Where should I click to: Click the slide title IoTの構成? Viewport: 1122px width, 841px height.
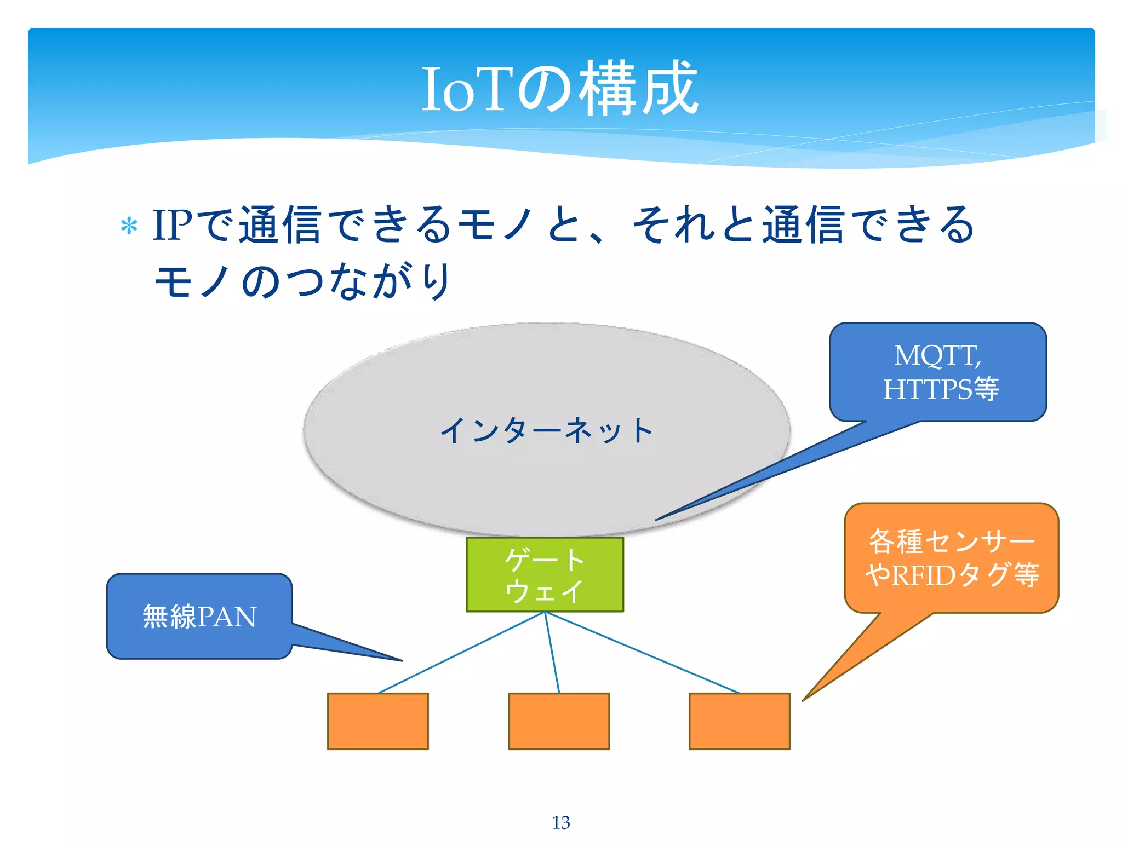click(560, 89)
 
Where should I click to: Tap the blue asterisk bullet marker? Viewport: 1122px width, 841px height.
click(129, 226)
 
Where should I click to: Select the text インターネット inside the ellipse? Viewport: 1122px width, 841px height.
click(547, 430)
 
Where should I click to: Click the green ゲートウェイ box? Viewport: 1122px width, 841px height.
click(545, 574)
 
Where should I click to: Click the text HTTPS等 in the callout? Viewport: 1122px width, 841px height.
click(941, 389)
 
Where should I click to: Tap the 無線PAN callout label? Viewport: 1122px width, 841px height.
click(199, 617)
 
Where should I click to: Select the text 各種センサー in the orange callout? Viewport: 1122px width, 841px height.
click(952, 541)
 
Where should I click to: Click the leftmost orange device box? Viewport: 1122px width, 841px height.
click(378, 721)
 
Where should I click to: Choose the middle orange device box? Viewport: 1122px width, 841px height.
click(559, 721)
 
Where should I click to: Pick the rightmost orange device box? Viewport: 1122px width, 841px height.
click(740, 721)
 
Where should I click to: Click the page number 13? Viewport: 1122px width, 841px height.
click(561, 822)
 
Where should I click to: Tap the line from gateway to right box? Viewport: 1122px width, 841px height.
click(642, 653)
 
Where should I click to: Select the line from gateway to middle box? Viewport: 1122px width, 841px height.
click(552, 653)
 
